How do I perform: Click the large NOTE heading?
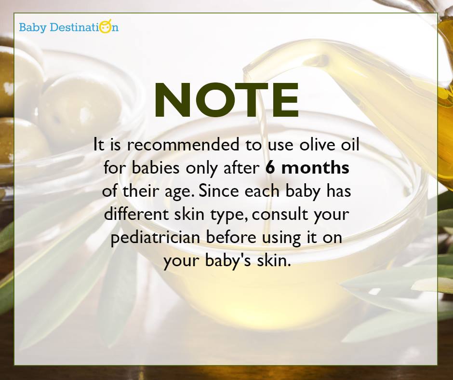tap(226, 101)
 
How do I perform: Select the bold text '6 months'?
tap(307, 168)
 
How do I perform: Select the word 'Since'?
tap(217, 191)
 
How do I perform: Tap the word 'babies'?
tap(147, 168)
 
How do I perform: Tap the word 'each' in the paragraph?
tap(257, 191)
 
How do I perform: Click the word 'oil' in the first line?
tap(349, 145)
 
